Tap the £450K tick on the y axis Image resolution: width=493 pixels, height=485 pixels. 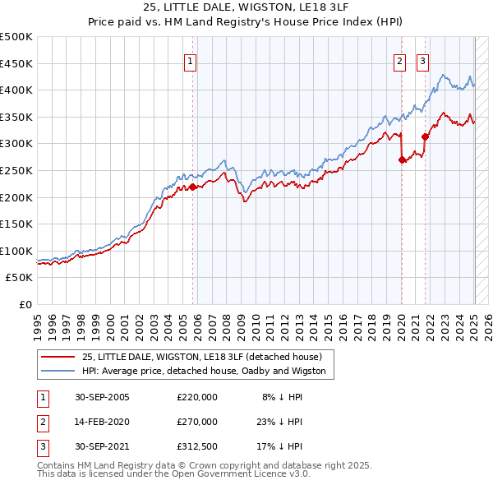click(17, 63)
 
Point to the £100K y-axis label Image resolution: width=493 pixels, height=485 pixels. click(17, 251)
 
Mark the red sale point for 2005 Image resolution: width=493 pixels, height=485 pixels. click(193, 187)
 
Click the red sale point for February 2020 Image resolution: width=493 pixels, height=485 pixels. click(402, 160)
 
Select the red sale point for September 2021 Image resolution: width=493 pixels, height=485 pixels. click(425, 137)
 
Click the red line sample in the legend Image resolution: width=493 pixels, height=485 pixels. click(58, 357)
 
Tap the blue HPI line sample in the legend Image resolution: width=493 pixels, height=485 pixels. click(58, 371)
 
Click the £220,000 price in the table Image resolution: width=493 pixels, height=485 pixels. click(197, 397)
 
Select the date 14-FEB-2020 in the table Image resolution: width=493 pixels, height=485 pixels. click(102, 422)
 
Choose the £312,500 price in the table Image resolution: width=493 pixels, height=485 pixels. click(197, 446)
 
